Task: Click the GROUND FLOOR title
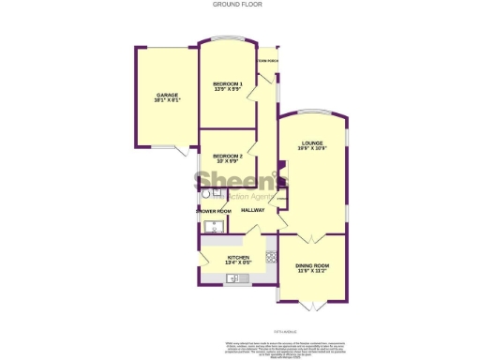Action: click(x=240, y=5)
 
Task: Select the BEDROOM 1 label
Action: click(x=227, y=86)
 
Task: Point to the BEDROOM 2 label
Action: click(x=227, y=157)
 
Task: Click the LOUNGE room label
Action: click(x=312, y=145)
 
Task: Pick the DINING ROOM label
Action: click(x=312, y=269)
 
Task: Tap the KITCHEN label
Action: click(x=237, y=260)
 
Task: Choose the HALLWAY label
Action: click(x=253, y=210)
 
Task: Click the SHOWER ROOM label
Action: click(x=213, y=211)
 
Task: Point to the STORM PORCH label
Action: click(x=268, y=62)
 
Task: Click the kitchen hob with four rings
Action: click(x=271, y=255)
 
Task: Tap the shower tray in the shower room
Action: click(x=213, y=226)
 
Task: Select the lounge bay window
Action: click(x=312, y=114)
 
